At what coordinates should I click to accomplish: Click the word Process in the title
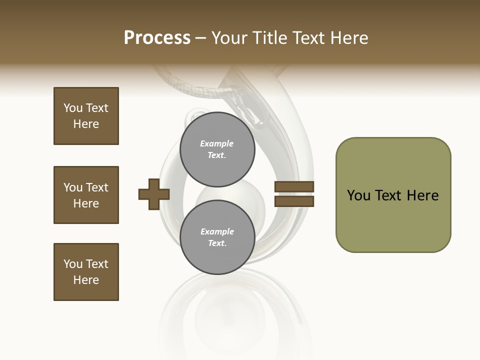(157, 38)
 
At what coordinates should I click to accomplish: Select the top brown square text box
(86, 116)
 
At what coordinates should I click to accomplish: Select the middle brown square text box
(86, 195)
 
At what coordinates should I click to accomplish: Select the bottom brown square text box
(86, 272)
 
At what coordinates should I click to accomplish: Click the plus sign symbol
(154, 194)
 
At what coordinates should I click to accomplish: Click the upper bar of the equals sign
(294, 187)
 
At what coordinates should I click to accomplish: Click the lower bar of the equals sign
(294, 201)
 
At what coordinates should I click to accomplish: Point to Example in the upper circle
(217, 143)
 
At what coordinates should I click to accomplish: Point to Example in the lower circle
(217, 231)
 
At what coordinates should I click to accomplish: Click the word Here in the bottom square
(86, 280)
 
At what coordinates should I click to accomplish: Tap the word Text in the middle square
(97, 187)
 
